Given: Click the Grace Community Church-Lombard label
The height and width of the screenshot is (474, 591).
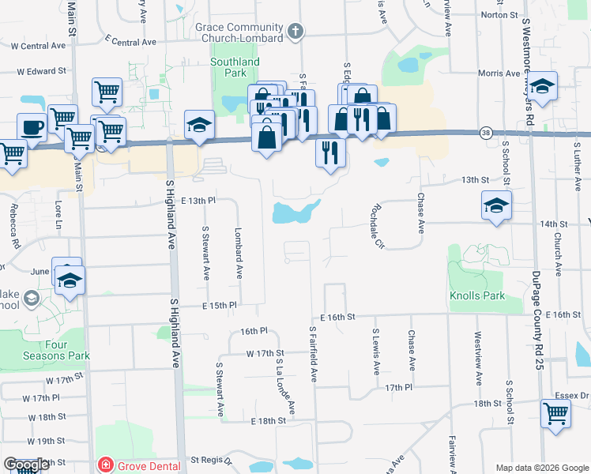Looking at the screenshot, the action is (x=239, y=32).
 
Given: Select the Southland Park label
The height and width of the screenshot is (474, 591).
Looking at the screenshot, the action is (x=235, y=67).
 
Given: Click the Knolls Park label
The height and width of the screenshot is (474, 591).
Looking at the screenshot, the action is (x=476, y=296).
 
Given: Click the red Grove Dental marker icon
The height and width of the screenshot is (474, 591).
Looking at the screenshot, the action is (x=104, y=465).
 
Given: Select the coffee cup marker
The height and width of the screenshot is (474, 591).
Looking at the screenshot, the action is (x=32, y=127).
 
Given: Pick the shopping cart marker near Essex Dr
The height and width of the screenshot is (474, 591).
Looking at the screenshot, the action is (x=556, y=412).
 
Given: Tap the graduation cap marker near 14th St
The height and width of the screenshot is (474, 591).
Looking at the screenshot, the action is (x=495, y=206).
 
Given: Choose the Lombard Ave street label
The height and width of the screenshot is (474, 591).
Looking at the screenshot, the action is (x=238, y=254).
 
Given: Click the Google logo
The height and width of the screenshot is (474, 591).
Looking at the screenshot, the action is (x=26, y=465).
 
